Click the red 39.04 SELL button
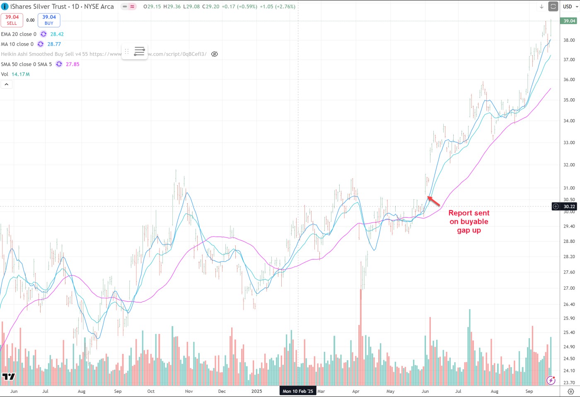pyautogui.click(x=12, y=20)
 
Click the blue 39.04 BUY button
pyautogui.click(x=49, y=20)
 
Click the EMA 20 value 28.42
pyautogui.click(x=57, y=34)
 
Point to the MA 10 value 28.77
pyautogui.click(x=54, y=44)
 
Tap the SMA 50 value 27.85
pyautogui.click(x=72, y=64)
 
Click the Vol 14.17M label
pyautogui.click(x=15, y=74)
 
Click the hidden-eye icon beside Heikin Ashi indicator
pyautogui.click(x=215, y=54)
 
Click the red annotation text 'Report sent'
pyautogui.click(x=469, y=213)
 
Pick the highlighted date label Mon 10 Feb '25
pyautogui.click(x=298, y=391)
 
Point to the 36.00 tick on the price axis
pyautogui.click(x=569, y=80)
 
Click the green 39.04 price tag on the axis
pyautogui.click(x=569, y=21)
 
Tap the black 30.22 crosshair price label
pyautogui.click(x=569, y=206)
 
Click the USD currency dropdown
pyautogui.click(x=570, y=7)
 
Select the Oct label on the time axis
pyautogui.click(x=151, y=391)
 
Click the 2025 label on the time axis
pyautogui.click(x=256, y=391)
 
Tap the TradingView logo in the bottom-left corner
pyautogui.click(x=8, y=377)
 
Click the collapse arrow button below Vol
pyautogui.click(x=7, y=85)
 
